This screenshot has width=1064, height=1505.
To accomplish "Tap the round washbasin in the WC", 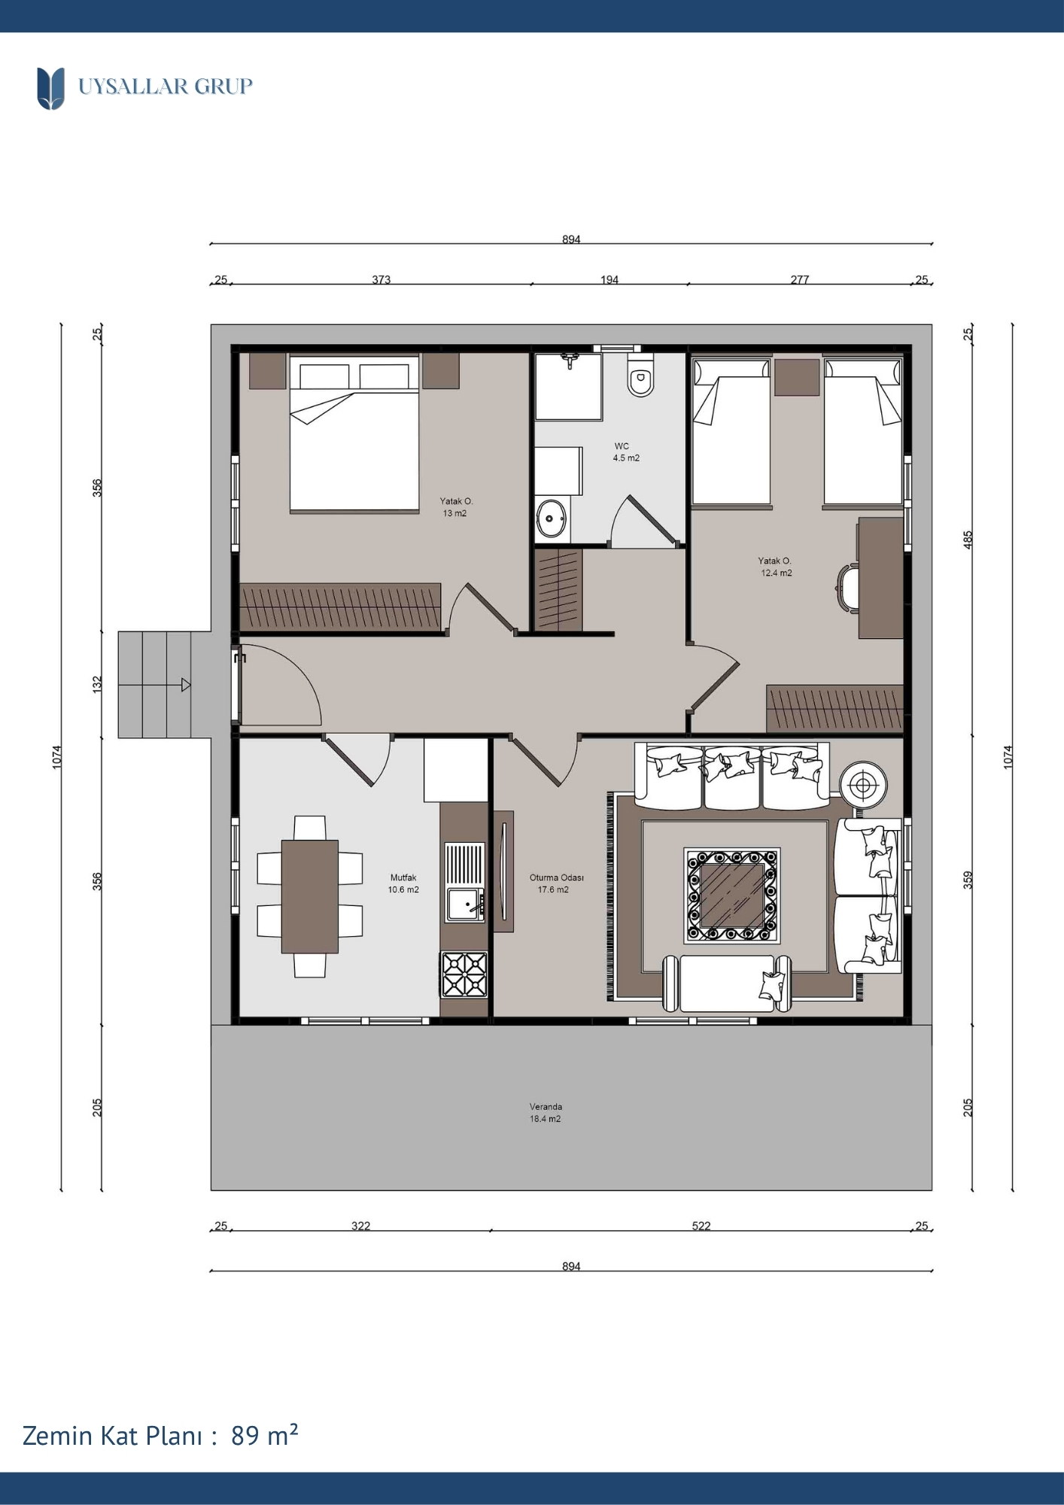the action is [x=552, y=518].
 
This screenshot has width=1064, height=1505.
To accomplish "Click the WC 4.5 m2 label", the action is [x=625, y=451].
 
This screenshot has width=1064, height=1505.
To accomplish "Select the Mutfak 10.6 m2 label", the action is [x=403, y=883].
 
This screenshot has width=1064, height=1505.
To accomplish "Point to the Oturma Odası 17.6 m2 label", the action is [x=556, y=883].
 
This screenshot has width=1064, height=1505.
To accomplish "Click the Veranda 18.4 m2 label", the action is [x=546, y=1113].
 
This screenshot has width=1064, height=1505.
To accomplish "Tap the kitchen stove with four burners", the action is [x=464, y=974].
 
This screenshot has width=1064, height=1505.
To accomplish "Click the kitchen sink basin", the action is [x=465, y=905].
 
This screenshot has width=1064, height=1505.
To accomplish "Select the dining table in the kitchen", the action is [x=310, y=896].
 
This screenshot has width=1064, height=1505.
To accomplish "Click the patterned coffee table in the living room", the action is [x=732, y=895].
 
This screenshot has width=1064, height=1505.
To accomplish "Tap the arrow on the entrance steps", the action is [x=185, y=685].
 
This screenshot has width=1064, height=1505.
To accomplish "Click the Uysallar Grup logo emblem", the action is [x=51, y=88].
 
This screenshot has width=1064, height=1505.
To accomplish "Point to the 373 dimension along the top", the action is [x=382, y=279].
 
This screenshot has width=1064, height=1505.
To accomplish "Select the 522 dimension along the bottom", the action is [x=701, y=1226].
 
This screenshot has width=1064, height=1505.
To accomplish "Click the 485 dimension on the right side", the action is [x=968, y=540].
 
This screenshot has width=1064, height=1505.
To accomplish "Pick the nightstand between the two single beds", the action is [x=797, y=377].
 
